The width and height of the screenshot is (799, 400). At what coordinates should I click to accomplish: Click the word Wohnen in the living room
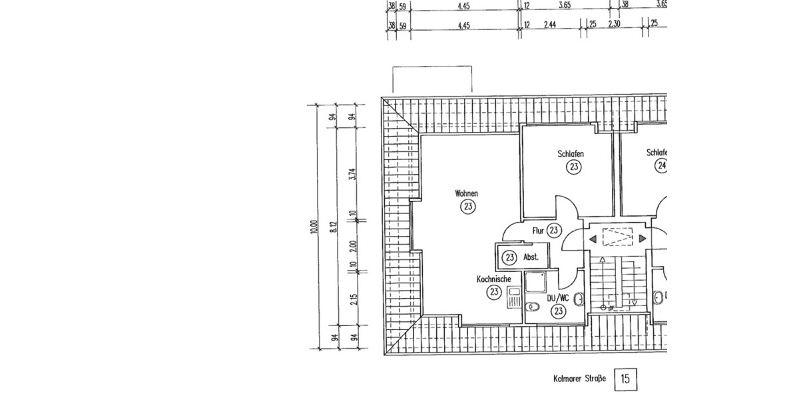coord(466,193)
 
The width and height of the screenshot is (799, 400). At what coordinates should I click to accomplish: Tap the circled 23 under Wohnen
coord(467,207)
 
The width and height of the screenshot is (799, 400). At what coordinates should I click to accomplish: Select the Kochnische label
coord(493,279)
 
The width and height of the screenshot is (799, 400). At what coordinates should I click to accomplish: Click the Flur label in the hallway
coord(539,231)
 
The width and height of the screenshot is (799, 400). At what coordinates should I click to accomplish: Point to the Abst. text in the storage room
coord(531,257)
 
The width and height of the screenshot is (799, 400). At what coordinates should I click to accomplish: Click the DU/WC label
coord(558,298)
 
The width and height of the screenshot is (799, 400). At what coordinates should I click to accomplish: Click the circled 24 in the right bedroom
coord(661,166)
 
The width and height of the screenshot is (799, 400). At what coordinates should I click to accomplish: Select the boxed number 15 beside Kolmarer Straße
coord(625,379)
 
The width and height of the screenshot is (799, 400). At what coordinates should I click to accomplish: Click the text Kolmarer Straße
coord(579,379)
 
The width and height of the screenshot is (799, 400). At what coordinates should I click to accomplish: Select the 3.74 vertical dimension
coord(354,175)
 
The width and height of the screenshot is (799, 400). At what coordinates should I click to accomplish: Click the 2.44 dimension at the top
coord(549,25)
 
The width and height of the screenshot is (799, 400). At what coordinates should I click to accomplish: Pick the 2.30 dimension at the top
coord(615,25)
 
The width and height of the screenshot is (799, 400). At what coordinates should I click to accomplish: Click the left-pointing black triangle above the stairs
coord(591,239)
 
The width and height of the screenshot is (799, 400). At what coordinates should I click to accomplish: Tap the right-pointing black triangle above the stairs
coord(643,239)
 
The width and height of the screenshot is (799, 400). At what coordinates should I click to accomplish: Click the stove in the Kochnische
coord(514,297)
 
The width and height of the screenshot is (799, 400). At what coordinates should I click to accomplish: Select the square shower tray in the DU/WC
coord(535,283)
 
